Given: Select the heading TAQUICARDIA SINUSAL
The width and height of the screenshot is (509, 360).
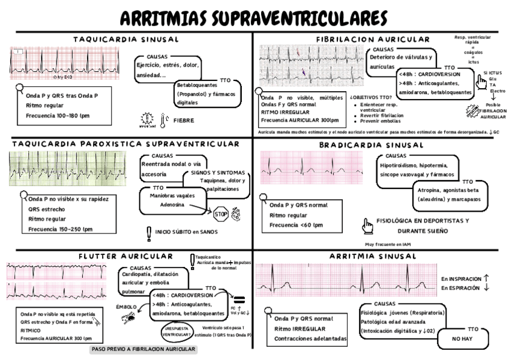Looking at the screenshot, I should coord(126,40).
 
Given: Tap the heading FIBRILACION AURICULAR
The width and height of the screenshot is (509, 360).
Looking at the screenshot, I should coord(373,40).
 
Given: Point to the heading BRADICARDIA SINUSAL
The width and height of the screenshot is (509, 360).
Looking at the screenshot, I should coord(372,145).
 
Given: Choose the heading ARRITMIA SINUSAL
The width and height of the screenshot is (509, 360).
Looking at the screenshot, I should coord(373,256).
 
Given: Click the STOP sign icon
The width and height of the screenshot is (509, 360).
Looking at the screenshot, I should coord(220,214).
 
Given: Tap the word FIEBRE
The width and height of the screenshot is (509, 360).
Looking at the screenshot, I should coord(183,120).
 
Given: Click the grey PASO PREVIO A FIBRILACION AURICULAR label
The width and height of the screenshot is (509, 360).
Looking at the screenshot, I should coord(143,349).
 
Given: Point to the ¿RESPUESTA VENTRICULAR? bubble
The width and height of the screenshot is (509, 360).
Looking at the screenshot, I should coord(179,332).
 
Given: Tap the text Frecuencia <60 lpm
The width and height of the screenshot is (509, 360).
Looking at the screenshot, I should coord(296,224).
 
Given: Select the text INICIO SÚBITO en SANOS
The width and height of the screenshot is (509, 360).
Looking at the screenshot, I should coord(186,232).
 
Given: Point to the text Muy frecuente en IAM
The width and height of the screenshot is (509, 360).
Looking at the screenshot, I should coord(388,244).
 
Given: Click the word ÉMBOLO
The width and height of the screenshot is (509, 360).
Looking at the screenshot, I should coord(126,307).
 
